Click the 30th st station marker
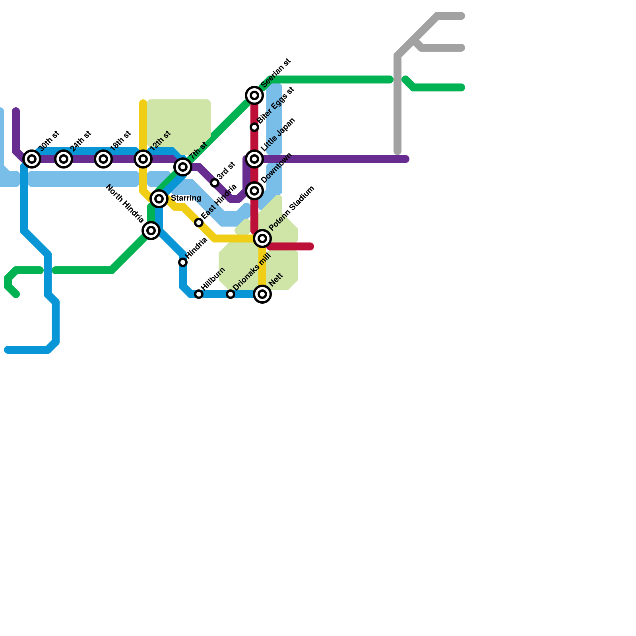pyautogui.click(x=32, y=159)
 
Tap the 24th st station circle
pyautogui.click(x=64, y=159)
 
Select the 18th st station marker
pyautogui.click(x=103, y=159)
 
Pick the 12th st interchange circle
pyautogui.click(x=143, y=159)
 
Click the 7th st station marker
pyautogui.click(x=183, y=167)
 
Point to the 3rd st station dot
pyautogui.click(x=215, y=183)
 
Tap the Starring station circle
pyautogui.click(x=159, y=198)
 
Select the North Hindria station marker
pyautogui.click(x=151, y=230)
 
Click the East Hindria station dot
pyautogui.click(x=199, y=223)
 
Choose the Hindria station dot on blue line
pyautogui.click(x=183, y=262)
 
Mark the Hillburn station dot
pyautogui.click(x=199, y=294)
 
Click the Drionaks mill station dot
pyautogui.click(x=231, y=294)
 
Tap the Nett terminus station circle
pyautogui.click(x=262, y=294)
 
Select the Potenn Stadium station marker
pyautogui.click(x=262, y=238)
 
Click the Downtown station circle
pyautogui.click(x=254, y=191)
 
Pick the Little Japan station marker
pyautogui.click(x=254, y=159)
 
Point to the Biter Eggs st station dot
pyautogui.click(x=254, y=127)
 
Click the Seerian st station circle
pyautogui.click(x=254, y=95)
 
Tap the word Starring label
pyautogui.click(x=186, y=198)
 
